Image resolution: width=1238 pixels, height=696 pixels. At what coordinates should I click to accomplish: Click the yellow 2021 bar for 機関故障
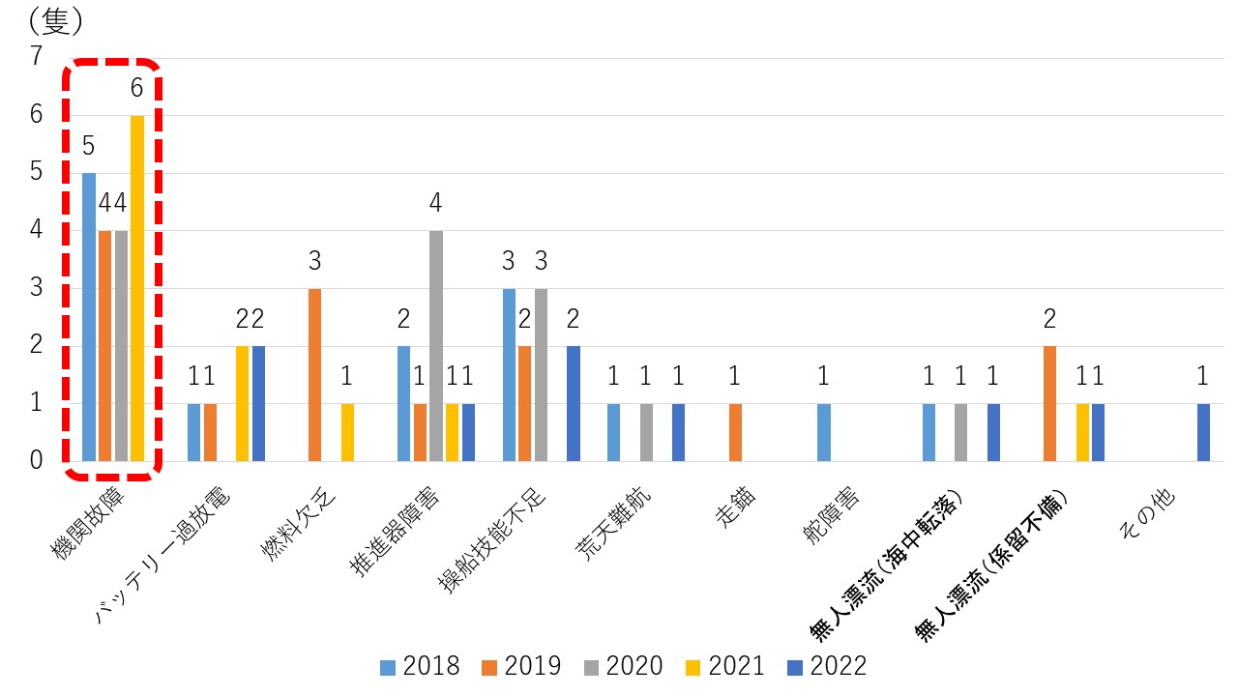pyautogui.click(x=137, y=288)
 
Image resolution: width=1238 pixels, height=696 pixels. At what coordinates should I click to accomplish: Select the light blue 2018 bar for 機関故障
pyautogui.click(x=89, y=317)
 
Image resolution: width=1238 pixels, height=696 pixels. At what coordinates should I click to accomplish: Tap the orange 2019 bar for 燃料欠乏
pyautogui.click(x=315, y=375)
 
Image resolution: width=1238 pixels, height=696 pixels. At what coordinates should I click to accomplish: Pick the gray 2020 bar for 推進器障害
pyautogui.click(x=436, y=346)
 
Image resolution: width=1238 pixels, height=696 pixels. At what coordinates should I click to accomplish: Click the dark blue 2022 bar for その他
pyautogui.click(x=1203, y=432)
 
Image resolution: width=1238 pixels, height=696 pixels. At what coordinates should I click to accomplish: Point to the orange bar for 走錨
pyautogui.click(x=735, y=432)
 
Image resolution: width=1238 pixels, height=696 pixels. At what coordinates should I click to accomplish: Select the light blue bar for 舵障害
pyautogui.click(x=824, y=432)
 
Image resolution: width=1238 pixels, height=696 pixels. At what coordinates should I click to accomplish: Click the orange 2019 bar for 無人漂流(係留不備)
pyautogui.click(x=1049, y=403)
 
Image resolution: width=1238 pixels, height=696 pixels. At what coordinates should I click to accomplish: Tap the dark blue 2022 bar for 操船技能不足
pyautogui.click(x=574, y=403)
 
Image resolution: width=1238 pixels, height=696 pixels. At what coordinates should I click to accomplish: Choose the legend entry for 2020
pyautogui.click(x=623, y=666)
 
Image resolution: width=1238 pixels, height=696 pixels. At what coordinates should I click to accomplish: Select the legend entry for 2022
pyautogui.click(x=826, y=666)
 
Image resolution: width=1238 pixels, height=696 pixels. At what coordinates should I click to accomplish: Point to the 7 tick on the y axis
pyautogui.click(x=37, y=56)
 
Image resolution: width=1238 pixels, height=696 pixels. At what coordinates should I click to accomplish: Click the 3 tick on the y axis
pyautogui.click(x=37, y=287)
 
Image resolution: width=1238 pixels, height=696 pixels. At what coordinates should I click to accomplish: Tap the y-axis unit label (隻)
pyautogui.click(x=56, y=19)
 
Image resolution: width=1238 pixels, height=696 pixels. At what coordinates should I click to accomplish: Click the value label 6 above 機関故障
pyautogui.click(x=136, y=89)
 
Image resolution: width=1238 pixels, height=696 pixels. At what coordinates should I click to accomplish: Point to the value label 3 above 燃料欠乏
pyautogui.click(x=315, y=262)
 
